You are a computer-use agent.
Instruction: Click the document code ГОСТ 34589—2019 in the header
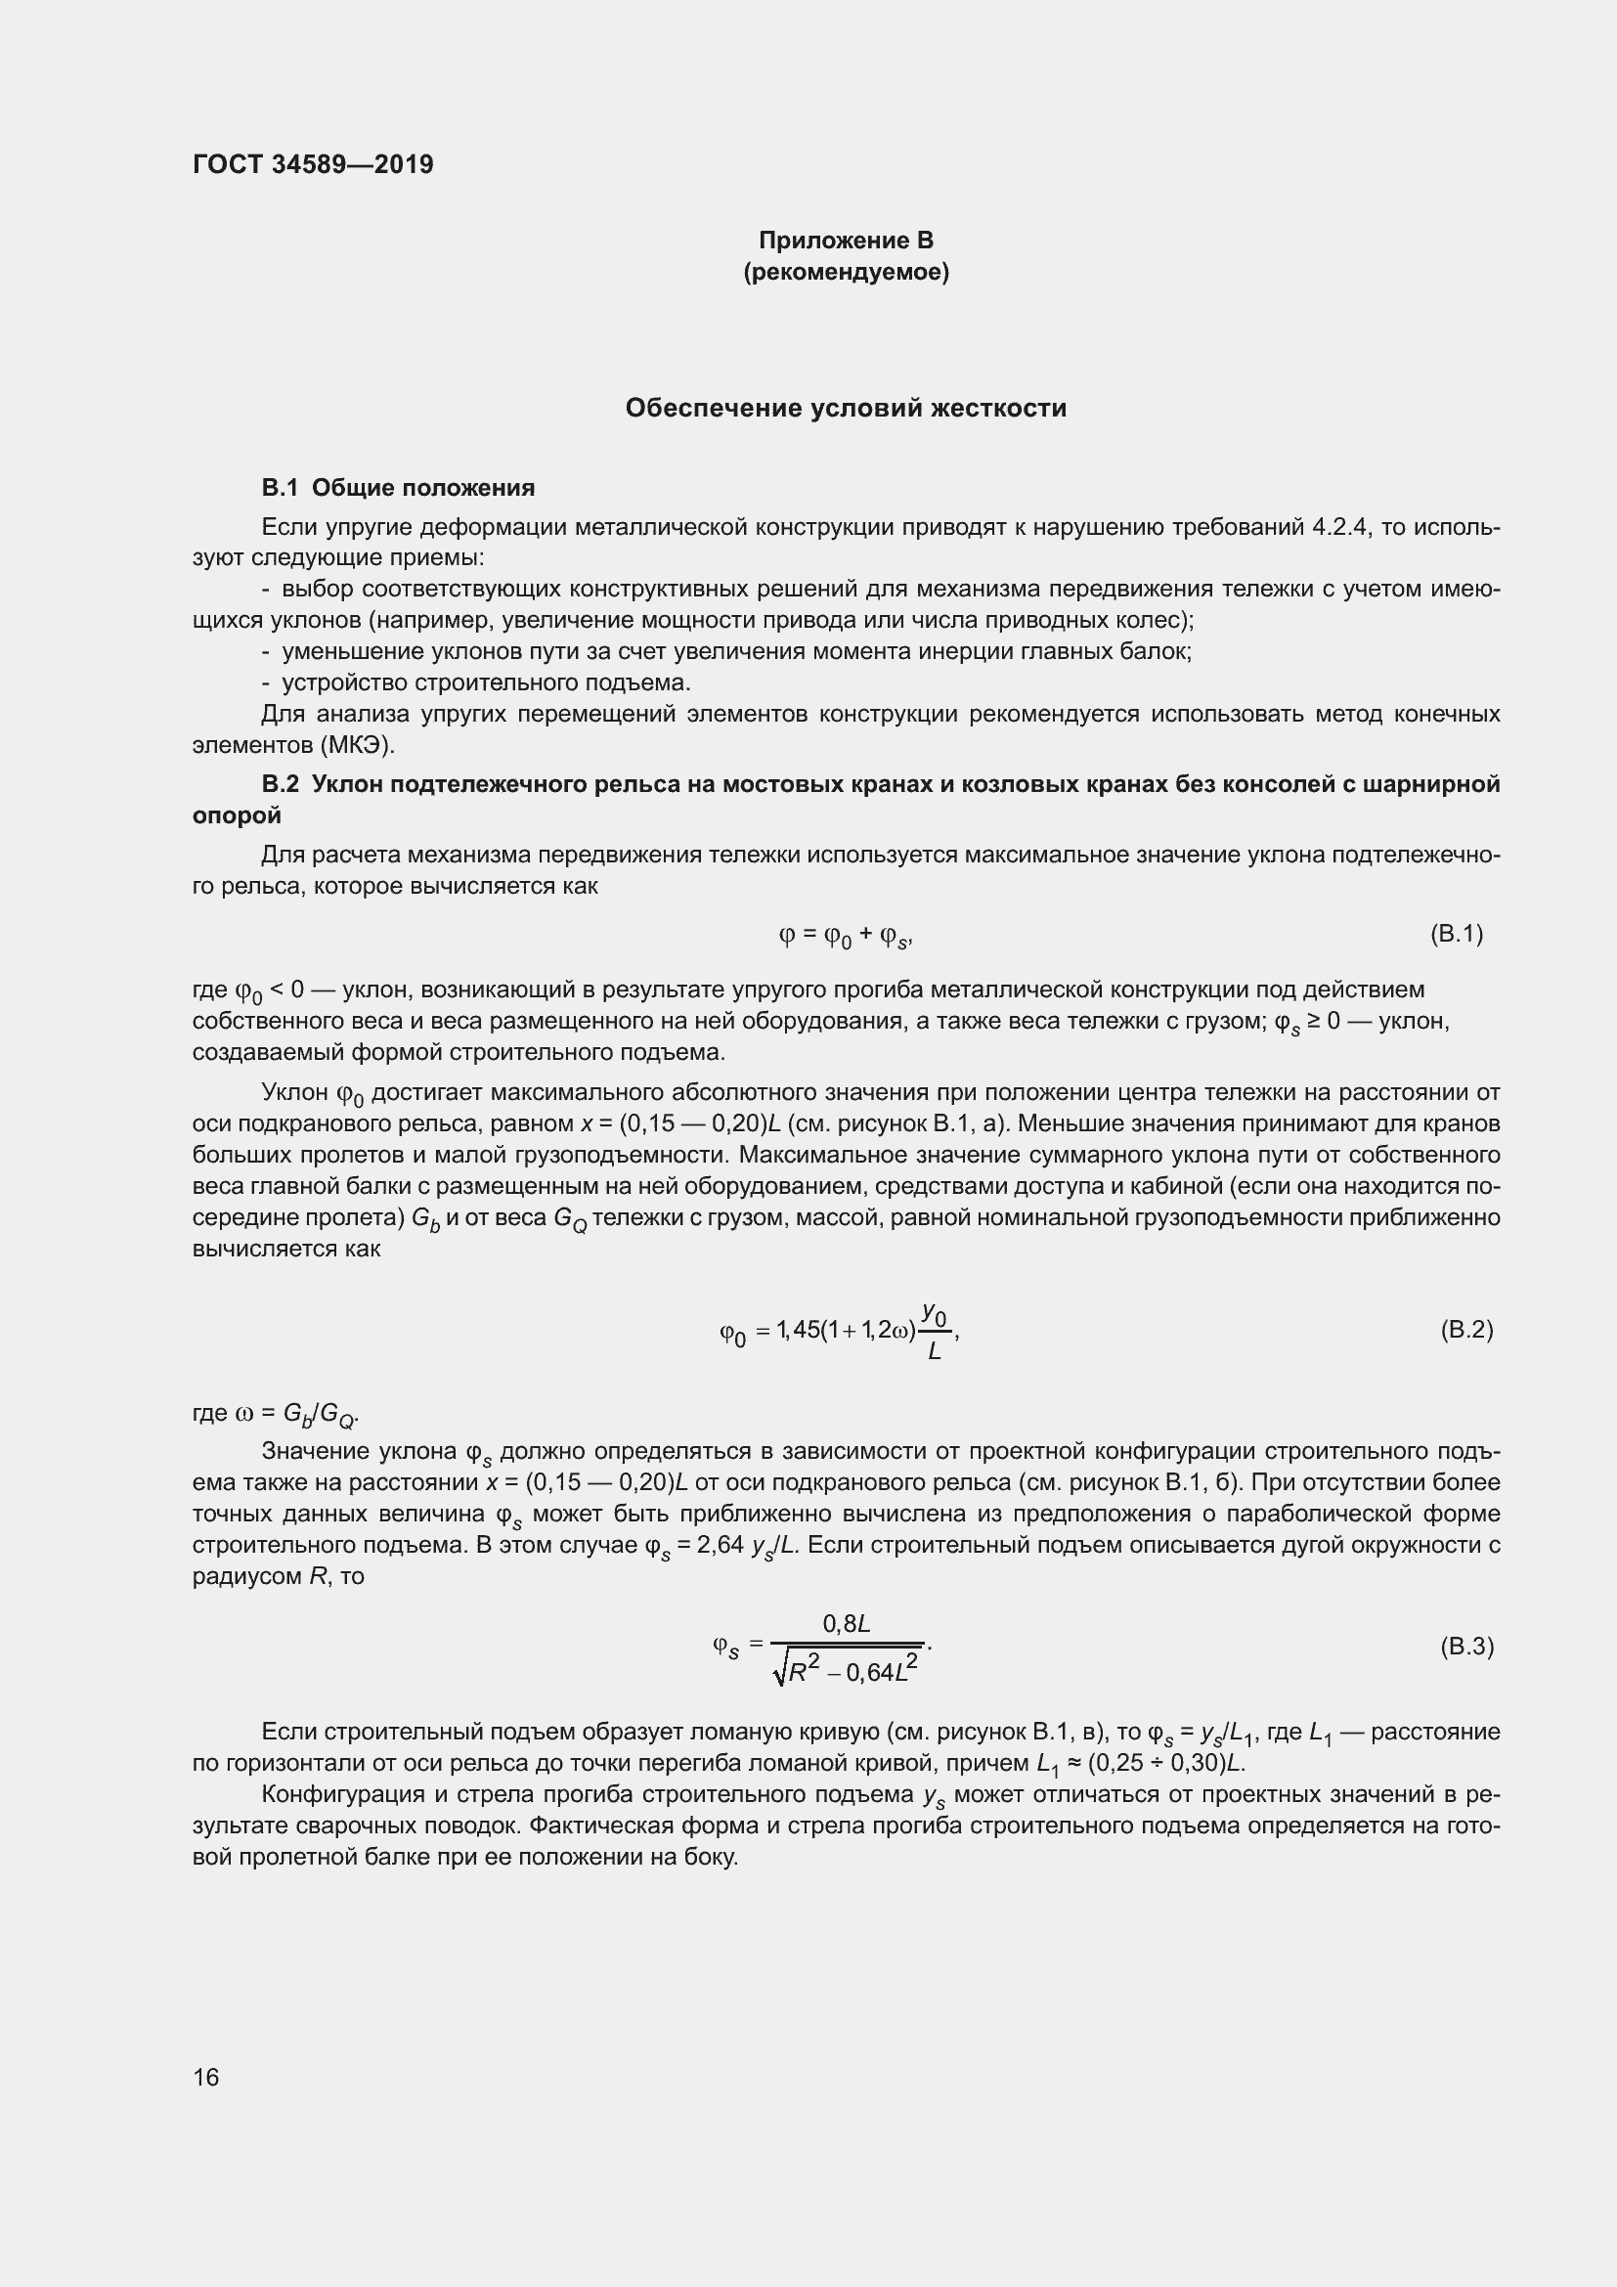click(x=313, y=164)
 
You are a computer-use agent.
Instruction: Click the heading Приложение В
click(x=846, y=241)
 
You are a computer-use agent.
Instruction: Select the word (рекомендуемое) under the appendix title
click(x=846, y=272)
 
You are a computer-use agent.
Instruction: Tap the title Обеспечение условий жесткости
click(x=846, y=408)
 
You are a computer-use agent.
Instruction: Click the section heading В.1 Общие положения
click(x=398, y=487)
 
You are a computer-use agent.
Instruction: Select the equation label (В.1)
click(x=1456, y=934)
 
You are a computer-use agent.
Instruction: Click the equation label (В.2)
click(x=1465, y=1330)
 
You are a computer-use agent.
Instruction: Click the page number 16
click(x=206, y=2077)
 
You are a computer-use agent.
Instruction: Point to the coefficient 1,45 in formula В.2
click(x=799, y=1329)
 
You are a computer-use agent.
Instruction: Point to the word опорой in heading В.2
click(x=237, y=815)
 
